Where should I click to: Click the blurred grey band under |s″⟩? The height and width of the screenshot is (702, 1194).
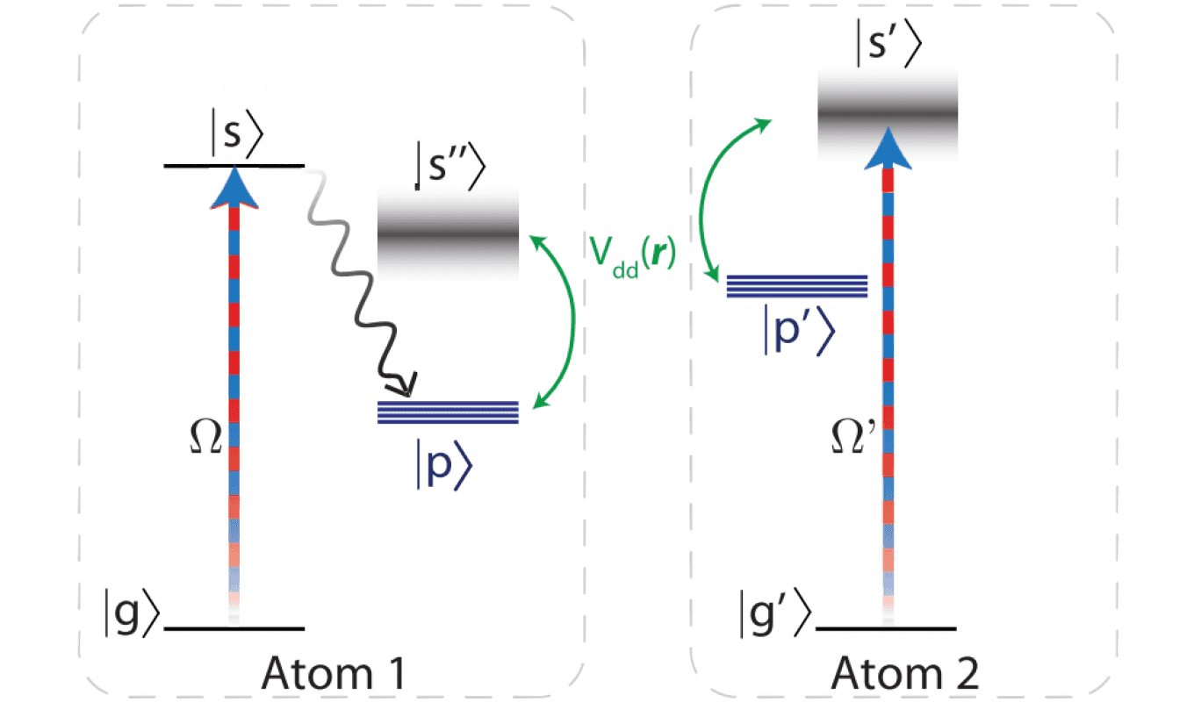[448, 236]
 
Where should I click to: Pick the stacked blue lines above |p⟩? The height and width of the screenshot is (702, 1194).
[448, 412]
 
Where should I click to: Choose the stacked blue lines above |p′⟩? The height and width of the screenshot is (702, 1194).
[797, 286]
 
